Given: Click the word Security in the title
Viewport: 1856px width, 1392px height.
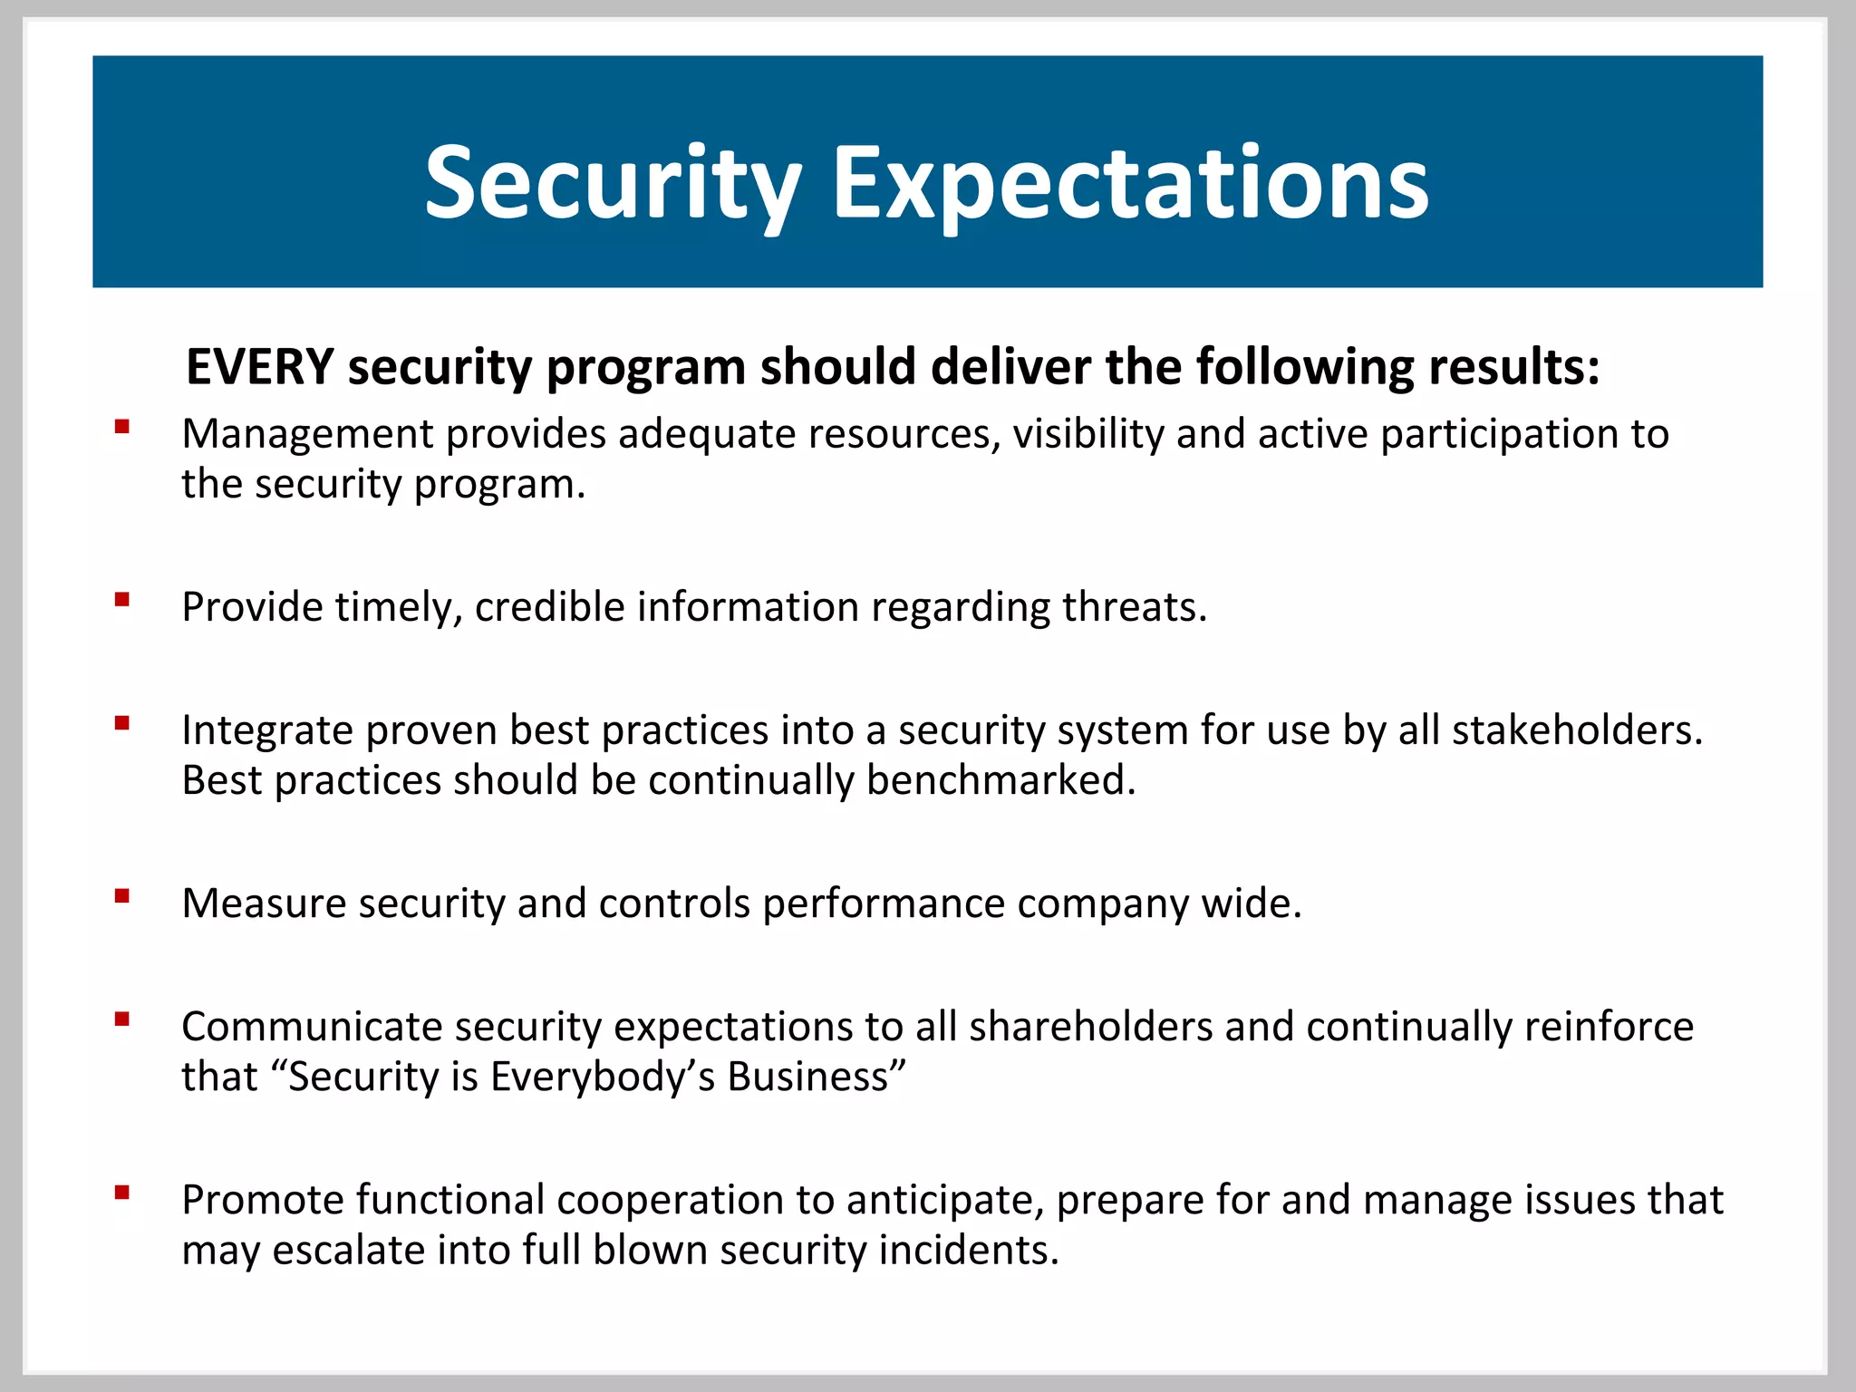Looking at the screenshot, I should click(613, 184).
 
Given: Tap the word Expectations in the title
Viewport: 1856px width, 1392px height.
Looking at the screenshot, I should click(1129, 184).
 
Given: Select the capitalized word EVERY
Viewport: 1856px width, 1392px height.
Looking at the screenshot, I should click(260, 367).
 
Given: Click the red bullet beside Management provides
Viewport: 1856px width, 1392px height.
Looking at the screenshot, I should click(122, 426).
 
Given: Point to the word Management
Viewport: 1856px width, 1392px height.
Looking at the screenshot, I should click(307, 434).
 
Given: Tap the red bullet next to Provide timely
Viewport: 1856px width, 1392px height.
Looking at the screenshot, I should click(122, 599).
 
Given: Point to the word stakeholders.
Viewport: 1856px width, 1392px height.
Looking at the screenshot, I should click(1577, 730).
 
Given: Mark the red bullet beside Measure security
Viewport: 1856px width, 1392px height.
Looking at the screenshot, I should click(122, 895).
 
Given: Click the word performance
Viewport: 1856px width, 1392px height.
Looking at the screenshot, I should click(884, 904).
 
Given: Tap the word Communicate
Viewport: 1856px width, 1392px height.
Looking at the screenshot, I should click(312, 1027).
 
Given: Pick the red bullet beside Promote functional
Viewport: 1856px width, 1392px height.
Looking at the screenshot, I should click(122, 1192).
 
